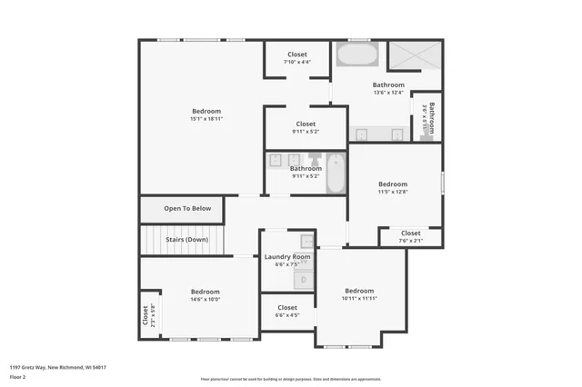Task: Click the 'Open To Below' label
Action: click(187, 208)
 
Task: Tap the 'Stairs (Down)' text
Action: click(186, 240)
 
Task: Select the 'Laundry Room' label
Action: click(287, 257)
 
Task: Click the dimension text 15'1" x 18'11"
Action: click(206, 118)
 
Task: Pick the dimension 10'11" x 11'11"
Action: click(359, 298)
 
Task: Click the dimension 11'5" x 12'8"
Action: click(393, 192)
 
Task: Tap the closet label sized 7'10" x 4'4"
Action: click(296, 63)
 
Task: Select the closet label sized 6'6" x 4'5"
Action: click(287, 315)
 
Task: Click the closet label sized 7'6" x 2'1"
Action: click(411, 241)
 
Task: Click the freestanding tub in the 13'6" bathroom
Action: click(357, 55)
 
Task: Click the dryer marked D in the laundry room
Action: click(305, 279)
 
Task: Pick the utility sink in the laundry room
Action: click(307, 242)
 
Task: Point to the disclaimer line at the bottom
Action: click(290, 378)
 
